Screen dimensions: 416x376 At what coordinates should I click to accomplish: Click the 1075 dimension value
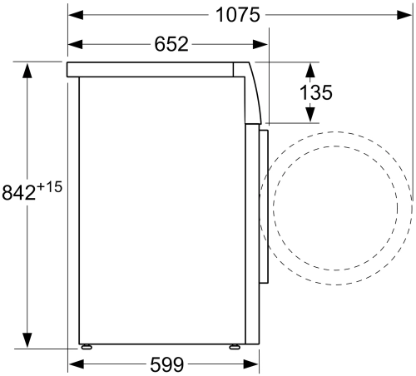(238, 15)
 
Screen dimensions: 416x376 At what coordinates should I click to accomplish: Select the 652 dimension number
(171, 44)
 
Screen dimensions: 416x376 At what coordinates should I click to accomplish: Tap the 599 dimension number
(166, 364)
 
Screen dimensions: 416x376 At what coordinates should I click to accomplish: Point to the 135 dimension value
(316, 92)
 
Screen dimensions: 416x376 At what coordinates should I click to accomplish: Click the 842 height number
(19, 192)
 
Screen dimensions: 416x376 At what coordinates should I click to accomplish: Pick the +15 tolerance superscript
(49, 187)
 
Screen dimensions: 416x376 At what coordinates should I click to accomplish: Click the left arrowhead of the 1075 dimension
(76, 15)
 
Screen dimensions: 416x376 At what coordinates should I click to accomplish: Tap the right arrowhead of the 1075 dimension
(404, 15)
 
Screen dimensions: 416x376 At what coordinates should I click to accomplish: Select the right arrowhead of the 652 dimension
(260, 44)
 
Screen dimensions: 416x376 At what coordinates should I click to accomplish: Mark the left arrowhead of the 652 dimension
(76, 44)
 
